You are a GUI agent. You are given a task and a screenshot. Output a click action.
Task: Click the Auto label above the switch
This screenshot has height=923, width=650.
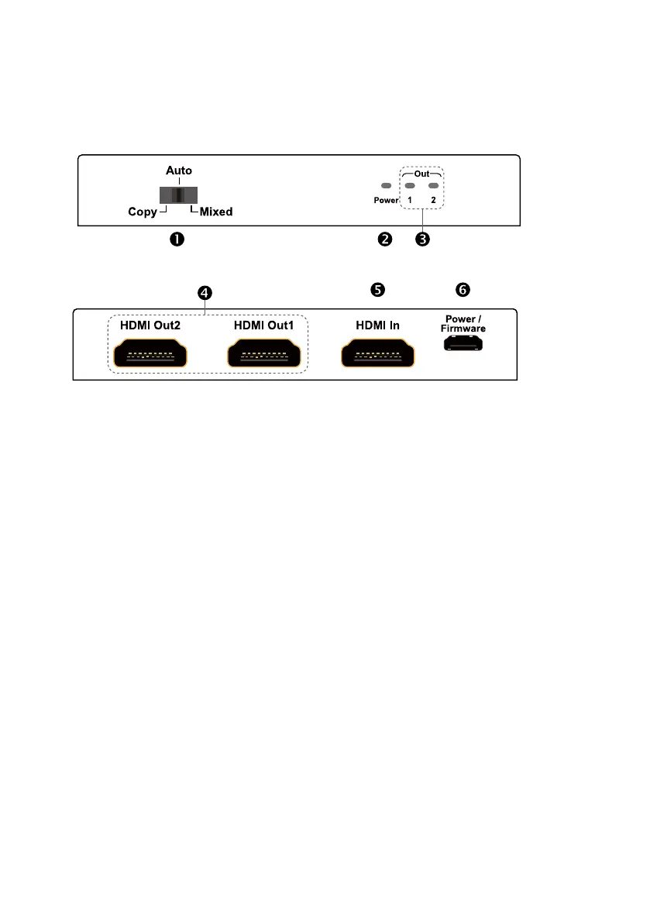coord(179,170)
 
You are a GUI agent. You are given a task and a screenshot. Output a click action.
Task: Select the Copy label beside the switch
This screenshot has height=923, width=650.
coord(143,211)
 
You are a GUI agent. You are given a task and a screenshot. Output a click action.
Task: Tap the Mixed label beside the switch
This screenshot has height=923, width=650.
coord(216,211)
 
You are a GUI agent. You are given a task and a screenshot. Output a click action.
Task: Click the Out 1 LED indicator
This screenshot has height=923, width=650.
coord(411,186)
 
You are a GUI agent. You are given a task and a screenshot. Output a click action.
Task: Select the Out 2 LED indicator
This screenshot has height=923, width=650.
coord(434,186)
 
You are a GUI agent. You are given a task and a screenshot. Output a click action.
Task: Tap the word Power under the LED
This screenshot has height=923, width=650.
coord(384,200)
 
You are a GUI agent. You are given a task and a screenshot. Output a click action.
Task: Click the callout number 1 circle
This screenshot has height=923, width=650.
coord(177,239)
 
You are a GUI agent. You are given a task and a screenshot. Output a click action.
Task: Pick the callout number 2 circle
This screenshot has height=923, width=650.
coord(384,239)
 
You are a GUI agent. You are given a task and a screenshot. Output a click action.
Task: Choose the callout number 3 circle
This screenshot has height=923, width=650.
coord(422,239)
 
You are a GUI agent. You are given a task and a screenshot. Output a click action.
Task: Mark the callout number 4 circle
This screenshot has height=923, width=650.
coord(205,292)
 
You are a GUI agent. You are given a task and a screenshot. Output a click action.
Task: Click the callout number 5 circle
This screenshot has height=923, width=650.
coord(377,289)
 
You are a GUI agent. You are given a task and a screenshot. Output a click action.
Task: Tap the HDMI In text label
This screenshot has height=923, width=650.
coord(377,325)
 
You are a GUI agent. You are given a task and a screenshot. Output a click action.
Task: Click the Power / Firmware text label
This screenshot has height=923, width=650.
coord(465,323)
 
